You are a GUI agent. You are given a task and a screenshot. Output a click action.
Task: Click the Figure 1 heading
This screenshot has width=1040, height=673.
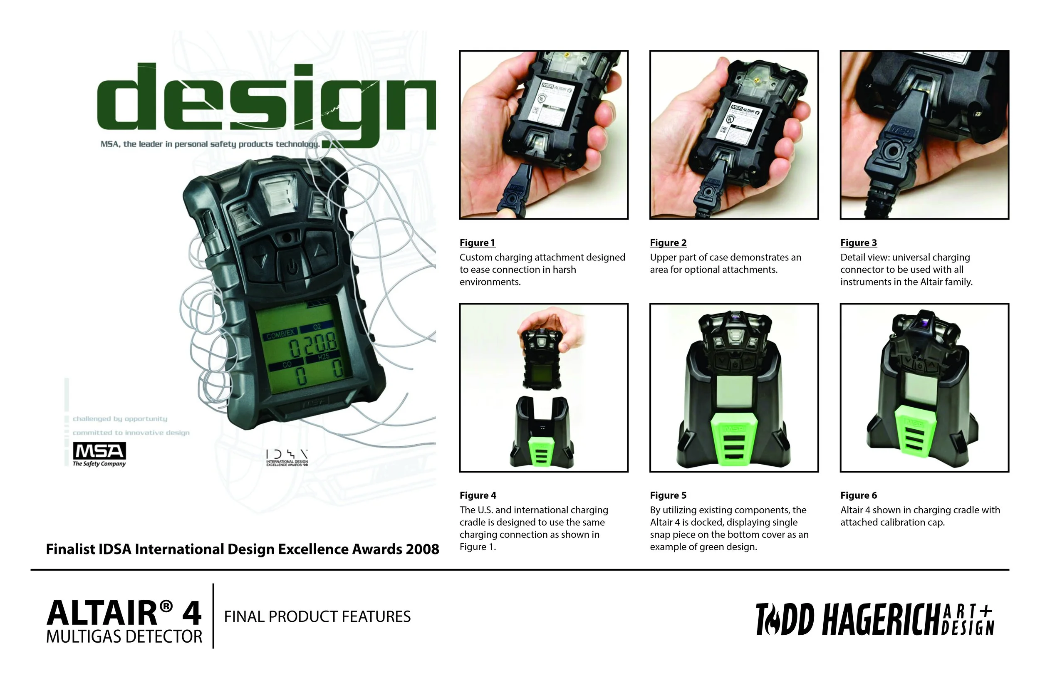click(x=477, y=242)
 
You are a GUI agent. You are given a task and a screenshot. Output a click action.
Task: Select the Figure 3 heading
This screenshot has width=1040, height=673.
click(x=858, y=242)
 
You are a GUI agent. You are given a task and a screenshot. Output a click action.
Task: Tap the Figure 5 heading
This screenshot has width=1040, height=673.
click(x=668, y=495)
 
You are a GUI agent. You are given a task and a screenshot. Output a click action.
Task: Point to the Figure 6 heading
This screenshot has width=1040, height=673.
click(x=858, y=495)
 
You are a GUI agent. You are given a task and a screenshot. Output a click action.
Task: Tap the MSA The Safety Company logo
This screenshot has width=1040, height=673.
click(x=99, y=455)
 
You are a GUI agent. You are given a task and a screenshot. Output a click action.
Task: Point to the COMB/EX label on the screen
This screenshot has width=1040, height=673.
click(x=280, y=334)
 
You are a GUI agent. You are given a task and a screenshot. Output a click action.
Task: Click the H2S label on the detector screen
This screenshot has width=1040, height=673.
click(x=323, y=357)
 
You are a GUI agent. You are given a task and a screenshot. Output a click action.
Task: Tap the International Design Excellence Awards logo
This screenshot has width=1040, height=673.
click(x=287, y=458)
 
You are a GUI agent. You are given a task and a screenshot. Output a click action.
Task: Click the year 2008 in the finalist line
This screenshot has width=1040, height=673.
click(x=422, y=549)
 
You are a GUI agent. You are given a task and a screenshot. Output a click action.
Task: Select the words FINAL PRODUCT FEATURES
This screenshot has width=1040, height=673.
click(x=317, y=616)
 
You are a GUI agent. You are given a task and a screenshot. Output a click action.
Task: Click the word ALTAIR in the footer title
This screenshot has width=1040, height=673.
click(x=102, y=614)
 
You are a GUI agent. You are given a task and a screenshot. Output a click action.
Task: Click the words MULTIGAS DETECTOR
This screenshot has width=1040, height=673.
click(x=124, y=637)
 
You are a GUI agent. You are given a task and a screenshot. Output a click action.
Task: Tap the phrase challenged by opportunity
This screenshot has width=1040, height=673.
click(x=120, y=419)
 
